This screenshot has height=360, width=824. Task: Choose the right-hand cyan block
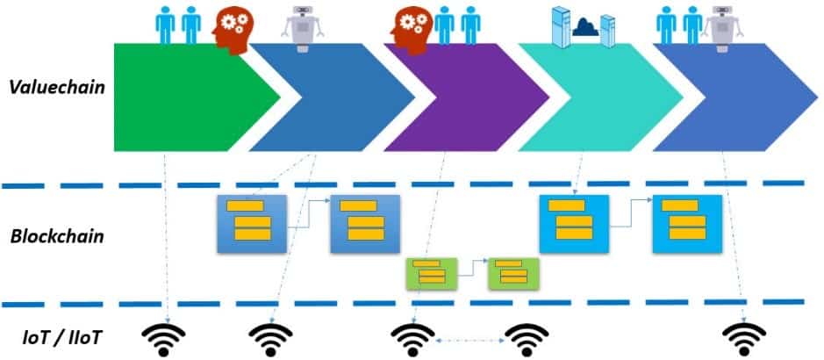(686, 224)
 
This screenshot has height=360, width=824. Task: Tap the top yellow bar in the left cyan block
(567, 205)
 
